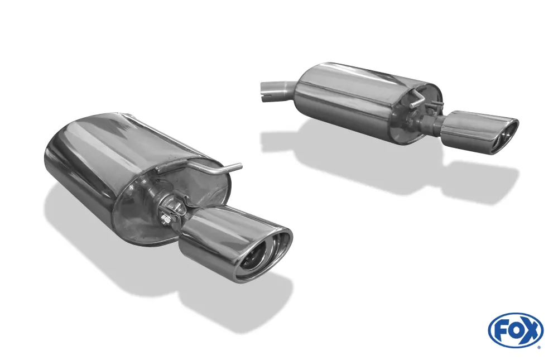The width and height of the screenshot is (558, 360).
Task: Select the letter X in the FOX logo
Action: [x=531, y=330]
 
